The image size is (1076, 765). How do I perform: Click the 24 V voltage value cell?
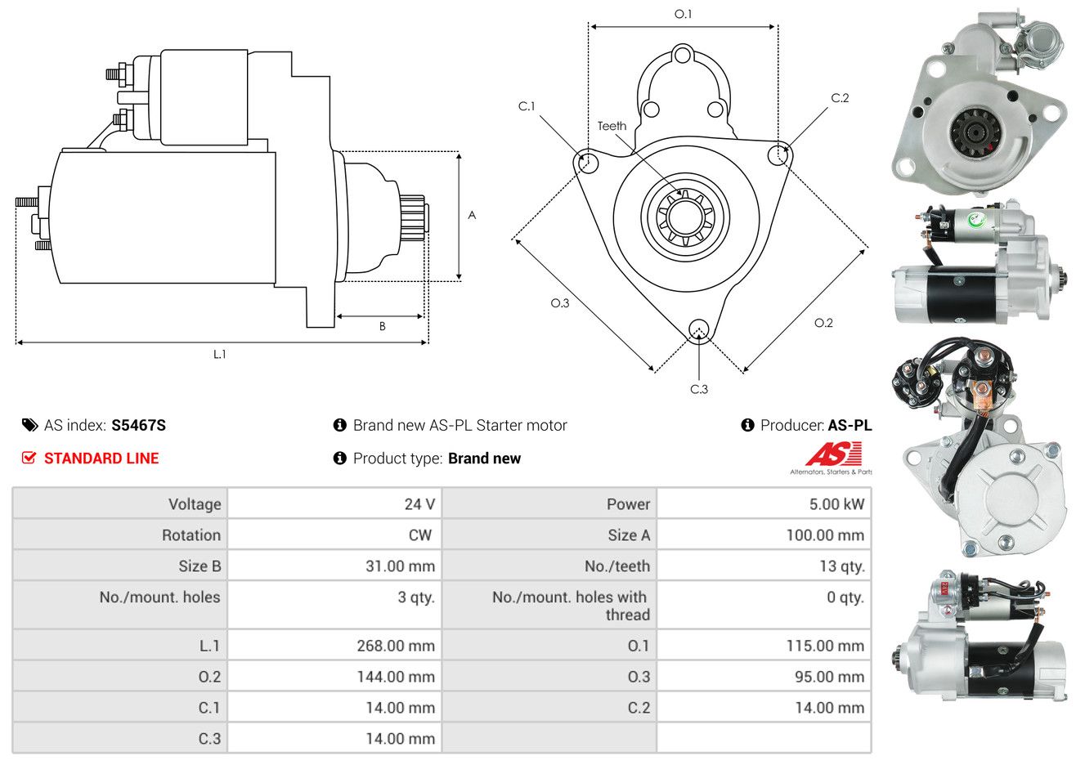point(419,504)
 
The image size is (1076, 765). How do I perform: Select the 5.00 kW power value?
point(836,504)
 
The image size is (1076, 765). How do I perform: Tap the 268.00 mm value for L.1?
point(395,646)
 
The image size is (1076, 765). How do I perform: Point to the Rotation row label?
point(191,535)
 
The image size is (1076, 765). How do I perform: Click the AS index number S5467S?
point(138,425)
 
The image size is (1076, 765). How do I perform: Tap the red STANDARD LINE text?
point(101,459)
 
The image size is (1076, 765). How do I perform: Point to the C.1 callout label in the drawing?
point(527,106)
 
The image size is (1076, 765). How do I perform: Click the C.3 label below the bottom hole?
point(699,389)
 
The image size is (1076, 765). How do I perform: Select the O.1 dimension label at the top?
point(683,14)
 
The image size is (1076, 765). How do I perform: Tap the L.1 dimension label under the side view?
point(219,354)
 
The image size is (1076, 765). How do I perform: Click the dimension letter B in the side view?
point(382,326)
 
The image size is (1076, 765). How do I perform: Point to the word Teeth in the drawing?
point(612,126)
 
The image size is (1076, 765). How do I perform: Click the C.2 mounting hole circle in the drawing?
point(779,154)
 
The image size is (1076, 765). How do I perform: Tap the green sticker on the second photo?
point(975,220)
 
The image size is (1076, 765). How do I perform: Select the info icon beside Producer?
point(747,425)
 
